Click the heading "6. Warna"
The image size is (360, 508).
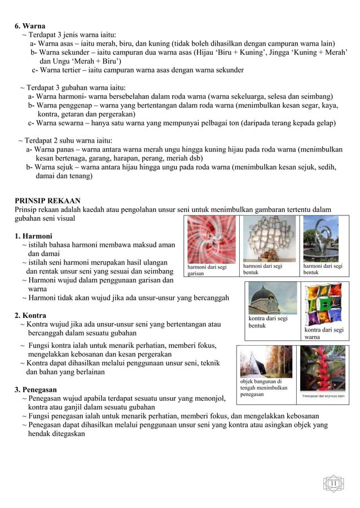(30, 25)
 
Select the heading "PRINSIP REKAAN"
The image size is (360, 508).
(47, 200)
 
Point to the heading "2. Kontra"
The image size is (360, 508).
(30, 315)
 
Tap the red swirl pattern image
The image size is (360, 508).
(212, 238)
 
